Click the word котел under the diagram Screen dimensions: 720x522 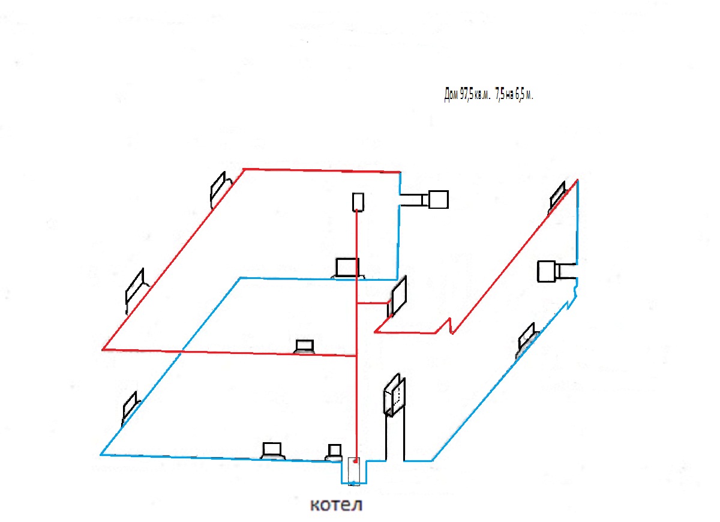pyautogui.click(x=336, y=505)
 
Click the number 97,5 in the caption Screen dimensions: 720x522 pyautogui.click(x=467, y=94)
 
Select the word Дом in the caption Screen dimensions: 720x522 pyautogui.click(x=451, y=95)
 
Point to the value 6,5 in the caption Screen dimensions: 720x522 pyautogui.click(x=520, y=94)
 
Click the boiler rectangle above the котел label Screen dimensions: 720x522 pyautogui.click(x=354, y=471)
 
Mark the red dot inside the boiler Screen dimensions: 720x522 pyautogui.click(x=355, y=461)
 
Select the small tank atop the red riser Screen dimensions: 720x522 pyautogui.click(x=358, y=202)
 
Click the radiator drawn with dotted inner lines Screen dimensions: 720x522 pyautogui.click(x=395, y=395)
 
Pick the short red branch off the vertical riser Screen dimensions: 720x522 pyautogui.click(x=373, y=303)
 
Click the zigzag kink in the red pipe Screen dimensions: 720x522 pyautogui.click(x=448, y=327)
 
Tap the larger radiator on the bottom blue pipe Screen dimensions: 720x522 pyautogui.click(x=272, y=451)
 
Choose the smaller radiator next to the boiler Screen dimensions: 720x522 pyautogui.click(x=334, y=452)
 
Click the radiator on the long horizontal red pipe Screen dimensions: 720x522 pyautogui.click(x=304, y=347)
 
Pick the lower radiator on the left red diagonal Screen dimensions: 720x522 pyautogui.click(x=136, y=289)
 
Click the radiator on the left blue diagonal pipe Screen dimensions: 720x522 pyautogui.click(x=131, y=408)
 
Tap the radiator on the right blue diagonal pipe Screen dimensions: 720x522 pyautogui.click(x=527, y=340)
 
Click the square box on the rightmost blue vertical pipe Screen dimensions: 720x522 pyautogui.click(x=547, y=272)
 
